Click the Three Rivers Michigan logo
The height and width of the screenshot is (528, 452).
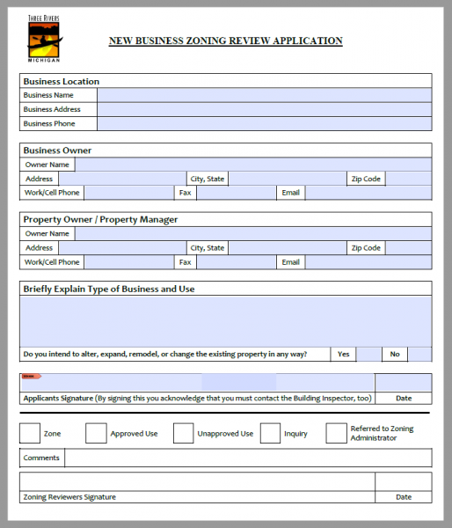44,38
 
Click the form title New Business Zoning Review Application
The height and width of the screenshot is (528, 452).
225,40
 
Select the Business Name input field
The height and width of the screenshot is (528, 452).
264,95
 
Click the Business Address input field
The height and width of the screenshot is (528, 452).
264,109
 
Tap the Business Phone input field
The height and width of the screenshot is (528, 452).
264,124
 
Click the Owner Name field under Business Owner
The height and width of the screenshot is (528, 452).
253,165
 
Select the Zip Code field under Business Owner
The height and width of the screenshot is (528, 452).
408,179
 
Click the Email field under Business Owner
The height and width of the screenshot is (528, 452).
368,192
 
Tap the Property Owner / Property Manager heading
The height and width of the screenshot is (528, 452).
100,219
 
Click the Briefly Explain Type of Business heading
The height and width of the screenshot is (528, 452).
109,289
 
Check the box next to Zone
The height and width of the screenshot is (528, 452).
30,433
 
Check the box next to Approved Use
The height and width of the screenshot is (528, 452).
96,433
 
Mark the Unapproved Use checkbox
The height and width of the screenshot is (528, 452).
183,433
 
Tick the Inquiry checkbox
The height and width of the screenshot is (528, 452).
270,433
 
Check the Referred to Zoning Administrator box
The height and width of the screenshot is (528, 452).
336,433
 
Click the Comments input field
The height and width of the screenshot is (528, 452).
248,458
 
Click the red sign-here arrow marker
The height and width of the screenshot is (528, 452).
31,377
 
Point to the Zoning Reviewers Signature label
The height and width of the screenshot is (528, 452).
69,497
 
